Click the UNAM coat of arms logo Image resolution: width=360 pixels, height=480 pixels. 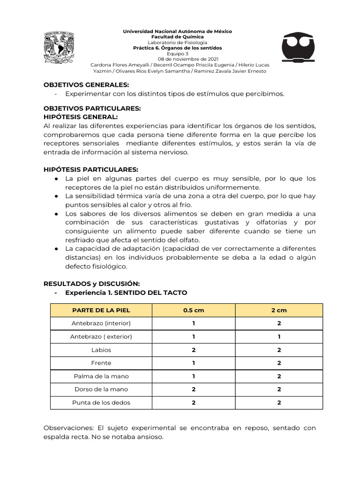59,47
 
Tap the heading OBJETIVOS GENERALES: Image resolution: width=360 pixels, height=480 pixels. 86,85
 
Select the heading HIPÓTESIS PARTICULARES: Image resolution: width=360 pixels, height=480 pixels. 91,169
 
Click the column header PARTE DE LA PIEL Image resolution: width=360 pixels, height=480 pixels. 101,310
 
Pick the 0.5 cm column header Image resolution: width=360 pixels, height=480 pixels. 193,310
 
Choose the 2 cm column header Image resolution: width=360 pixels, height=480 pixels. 279,310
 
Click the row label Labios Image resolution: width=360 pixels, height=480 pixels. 101,350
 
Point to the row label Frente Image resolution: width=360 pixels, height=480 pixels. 101,363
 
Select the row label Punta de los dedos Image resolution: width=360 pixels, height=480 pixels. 101,402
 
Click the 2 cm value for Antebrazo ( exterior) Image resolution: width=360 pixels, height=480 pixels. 279,337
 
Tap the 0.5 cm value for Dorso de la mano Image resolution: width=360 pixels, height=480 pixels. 193,389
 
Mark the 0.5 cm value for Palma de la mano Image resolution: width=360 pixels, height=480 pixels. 193,376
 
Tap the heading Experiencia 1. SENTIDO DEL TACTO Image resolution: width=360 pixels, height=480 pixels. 126,292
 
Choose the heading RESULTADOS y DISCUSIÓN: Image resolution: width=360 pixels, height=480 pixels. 91,284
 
